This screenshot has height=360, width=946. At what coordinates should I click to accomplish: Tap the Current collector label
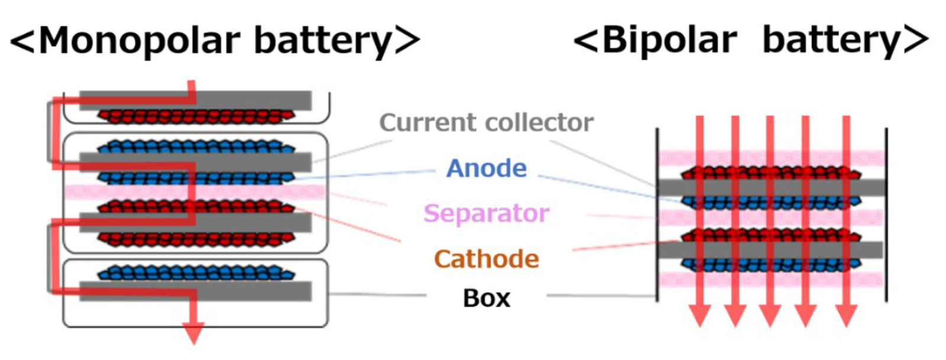pyautogui.click(x=486, y=122)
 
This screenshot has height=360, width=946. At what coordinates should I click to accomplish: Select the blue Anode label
pyautogui.click(x=486, y=168)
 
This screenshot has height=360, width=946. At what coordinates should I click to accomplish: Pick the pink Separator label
pyautogui.click(x=486, y=213)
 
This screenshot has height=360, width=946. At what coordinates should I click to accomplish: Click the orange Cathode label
pyautogui.click(x=486, y=259)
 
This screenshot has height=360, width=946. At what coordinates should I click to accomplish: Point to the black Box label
pyautogui.click(x=486, y=298)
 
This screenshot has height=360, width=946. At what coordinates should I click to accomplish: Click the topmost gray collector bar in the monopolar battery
pyautogui.click(x=248, y=100)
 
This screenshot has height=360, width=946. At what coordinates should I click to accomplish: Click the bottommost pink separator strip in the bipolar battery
pyautogui.click(x=674, y=280)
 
